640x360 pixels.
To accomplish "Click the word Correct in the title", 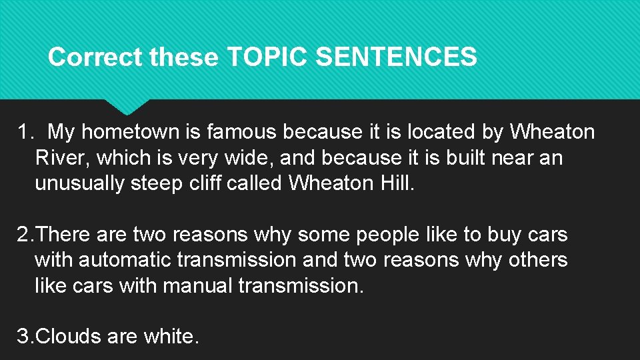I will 96,57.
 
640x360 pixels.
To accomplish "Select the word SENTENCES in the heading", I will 395,57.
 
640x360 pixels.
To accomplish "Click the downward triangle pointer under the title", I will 126,106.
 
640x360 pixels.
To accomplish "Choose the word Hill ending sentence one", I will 397,183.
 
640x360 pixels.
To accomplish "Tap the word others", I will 537,260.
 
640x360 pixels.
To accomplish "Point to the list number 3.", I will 23,337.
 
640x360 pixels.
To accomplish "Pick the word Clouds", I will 67,337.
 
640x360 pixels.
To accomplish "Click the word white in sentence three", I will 170,337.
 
